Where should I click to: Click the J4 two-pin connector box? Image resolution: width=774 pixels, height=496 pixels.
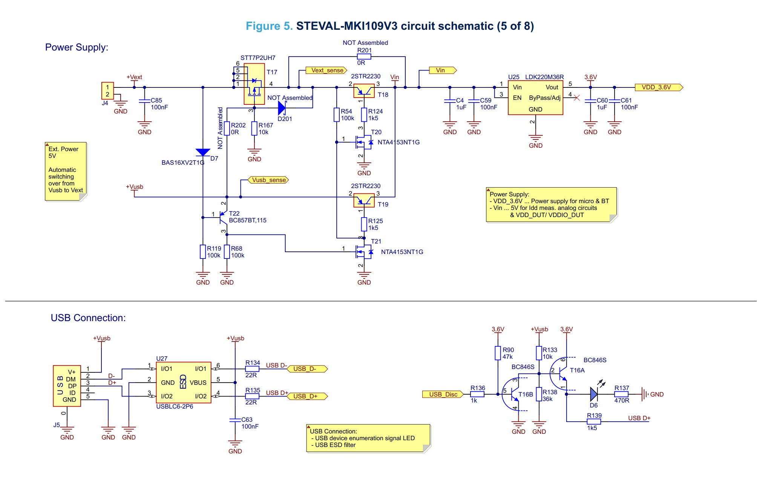coord(107,91)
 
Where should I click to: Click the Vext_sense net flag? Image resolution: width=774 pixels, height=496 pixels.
coord(326,70)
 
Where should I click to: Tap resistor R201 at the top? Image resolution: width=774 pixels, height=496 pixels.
coord(364,57)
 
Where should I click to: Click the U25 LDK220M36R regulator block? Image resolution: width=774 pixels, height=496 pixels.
coord(535,98)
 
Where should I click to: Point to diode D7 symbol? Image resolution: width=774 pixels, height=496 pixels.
coord(203,152)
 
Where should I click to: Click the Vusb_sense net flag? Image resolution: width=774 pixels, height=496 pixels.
coord(268,180)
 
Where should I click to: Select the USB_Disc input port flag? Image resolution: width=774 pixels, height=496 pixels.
coord(443,394)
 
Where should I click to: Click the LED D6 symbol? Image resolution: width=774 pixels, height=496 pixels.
coord(594,394)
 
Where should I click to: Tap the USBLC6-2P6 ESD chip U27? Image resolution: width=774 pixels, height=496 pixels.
coord(183,382)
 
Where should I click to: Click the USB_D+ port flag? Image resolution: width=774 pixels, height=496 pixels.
coord(307,396)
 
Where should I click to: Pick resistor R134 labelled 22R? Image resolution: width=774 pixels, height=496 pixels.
coord(252,369)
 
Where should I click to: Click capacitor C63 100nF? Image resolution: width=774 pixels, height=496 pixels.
coord(235,419)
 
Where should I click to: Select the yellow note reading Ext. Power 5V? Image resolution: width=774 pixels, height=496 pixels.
coord(66,171)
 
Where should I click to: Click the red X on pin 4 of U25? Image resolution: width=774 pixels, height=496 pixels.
coord(576,98)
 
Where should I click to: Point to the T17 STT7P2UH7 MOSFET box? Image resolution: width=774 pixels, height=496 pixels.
coord(254,84)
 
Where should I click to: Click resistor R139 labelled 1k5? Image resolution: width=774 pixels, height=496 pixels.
coord(594,422)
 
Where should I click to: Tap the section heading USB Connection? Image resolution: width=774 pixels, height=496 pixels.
coord(88,318)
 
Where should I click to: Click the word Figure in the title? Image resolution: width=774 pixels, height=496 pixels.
coord(263,26)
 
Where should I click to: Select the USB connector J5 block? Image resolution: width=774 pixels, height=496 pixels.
coord(67,386)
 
